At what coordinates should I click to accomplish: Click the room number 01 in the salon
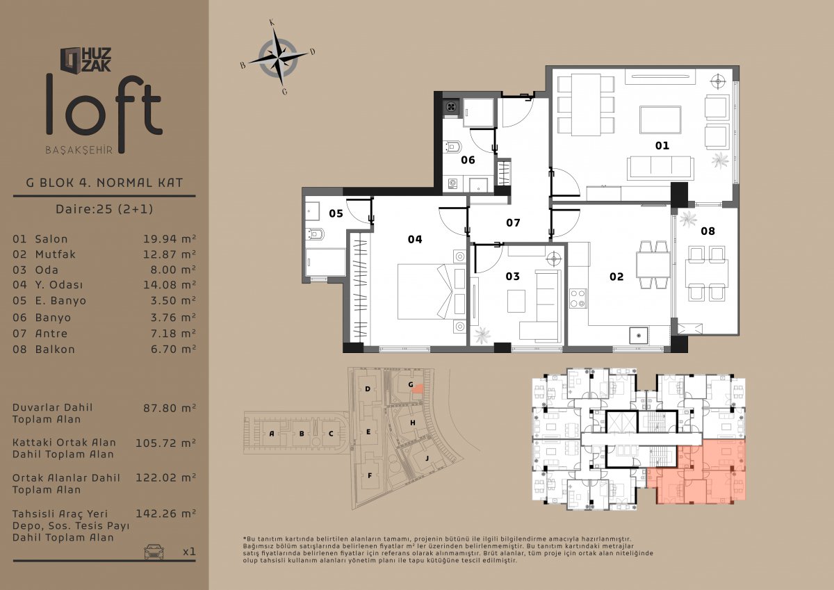[662, 145]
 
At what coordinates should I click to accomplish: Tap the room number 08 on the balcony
[708, 231]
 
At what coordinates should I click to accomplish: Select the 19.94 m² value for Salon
[170, 239]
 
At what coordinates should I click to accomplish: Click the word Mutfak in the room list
[56, 254]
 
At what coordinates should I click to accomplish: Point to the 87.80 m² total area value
[170, 408]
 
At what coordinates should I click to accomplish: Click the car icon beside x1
[154, 552]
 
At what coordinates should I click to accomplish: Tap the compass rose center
[278, 58]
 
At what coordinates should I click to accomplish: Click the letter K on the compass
[272, 23]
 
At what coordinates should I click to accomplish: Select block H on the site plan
[413, 423]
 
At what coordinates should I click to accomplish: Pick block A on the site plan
[272, 434]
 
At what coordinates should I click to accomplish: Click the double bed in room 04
[432, 292]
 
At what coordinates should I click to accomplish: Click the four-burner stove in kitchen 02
[578, 299]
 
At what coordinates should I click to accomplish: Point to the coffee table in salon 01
[660, 120]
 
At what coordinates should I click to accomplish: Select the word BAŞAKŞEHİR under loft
[79, 150]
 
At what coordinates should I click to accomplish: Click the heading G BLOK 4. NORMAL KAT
[105, 183]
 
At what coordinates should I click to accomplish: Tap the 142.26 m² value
[165, 514]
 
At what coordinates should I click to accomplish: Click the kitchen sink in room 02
[639, 336]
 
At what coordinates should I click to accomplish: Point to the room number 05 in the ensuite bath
[336, 213]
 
